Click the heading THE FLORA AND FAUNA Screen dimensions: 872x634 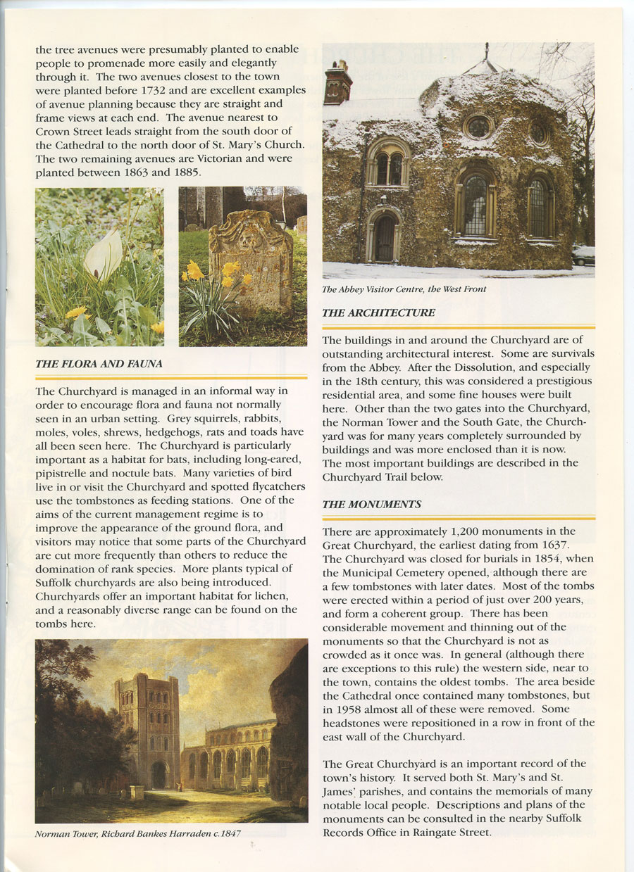(99, 364)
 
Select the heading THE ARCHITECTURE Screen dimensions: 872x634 (378, 312)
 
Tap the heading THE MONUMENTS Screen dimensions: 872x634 (371, 504)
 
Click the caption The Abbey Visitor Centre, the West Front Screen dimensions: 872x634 (404, 289)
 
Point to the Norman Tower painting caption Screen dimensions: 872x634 (138, 834)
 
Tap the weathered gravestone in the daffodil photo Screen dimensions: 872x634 (251, 260)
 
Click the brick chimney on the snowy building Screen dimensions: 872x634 (337, 83)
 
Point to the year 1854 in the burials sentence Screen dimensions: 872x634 (542, 558)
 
